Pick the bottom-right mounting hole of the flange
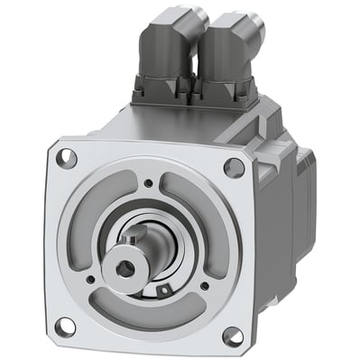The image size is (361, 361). coord(231,336)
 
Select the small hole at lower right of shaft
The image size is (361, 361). coord(202,286)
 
